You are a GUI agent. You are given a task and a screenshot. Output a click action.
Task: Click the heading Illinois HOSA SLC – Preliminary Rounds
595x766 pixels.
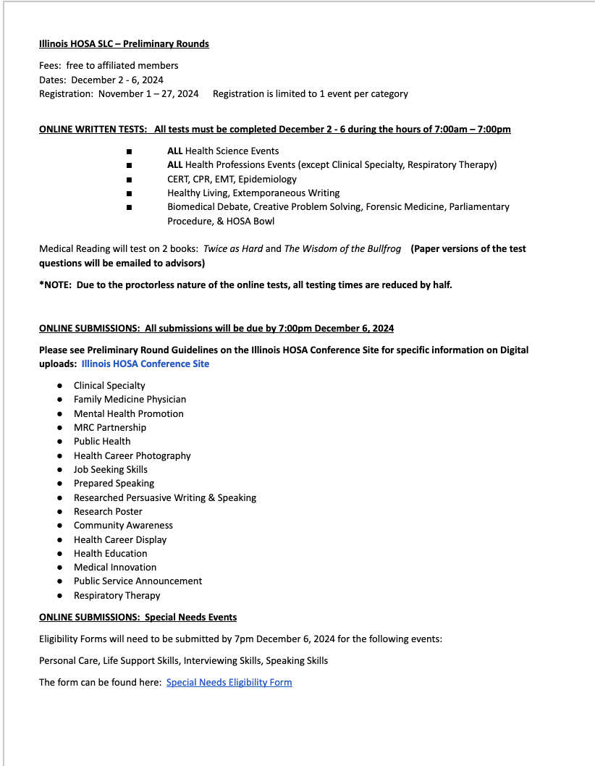tap(124, 44)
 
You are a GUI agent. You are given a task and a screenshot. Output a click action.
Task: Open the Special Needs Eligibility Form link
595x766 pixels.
tap(229, 682)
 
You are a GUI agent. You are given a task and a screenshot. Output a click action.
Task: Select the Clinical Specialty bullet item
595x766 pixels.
tap(109, 386)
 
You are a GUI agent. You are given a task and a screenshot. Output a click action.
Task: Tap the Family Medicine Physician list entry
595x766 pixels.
tap(130, 400)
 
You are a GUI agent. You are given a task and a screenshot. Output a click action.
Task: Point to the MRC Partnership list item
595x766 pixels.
tap(110, 427)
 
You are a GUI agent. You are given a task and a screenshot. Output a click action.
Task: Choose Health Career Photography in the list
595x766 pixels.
tap(132, 455)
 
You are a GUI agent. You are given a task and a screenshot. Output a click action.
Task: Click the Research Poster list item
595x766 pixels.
tap(108, 511)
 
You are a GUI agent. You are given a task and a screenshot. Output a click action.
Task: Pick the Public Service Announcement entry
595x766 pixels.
tap(138, 581)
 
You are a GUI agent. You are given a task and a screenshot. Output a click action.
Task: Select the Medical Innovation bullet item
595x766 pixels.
tap(115, 567)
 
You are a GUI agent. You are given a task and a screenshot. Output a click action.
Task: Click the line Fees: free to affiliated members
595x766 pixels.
tap(109, 66)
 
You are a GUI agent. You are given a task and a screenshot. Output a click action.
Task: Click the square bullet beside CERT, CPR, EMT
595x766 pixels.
tap(128, 180)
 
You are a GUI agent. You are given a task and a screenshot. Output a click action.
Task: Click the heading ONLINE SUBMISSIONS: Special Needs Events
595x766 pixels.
tap(138, 618)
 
